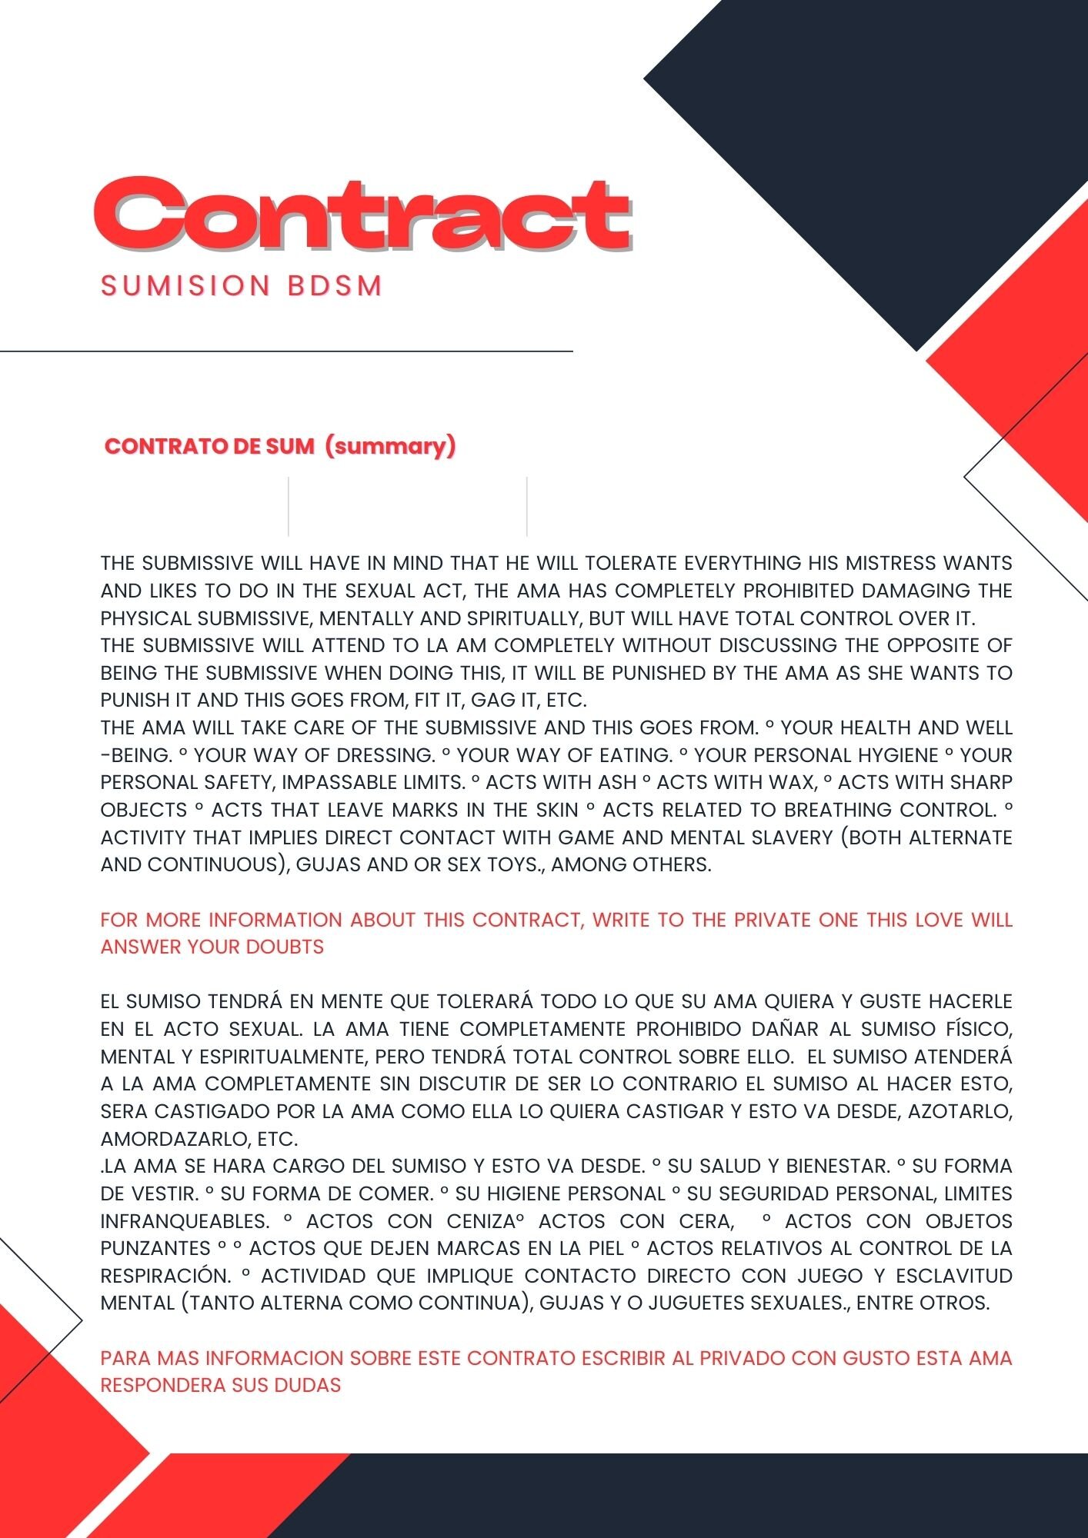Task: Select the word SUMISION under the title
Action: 185,286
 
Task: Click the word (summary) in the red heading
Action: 390,446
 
